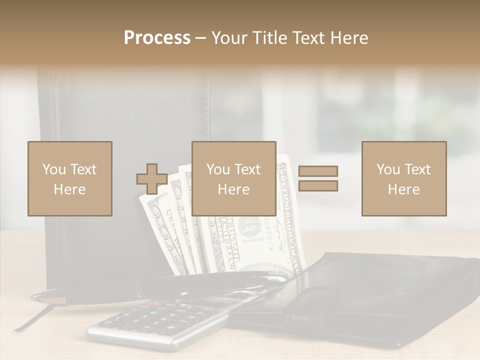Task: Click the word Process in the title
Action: [157, 38]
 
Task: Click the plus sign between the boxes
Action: [152, 179]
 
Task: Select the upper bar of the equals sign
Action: [318, 171]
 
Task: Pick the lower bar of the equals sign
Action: [318, 185]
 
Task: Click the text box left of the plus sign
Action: [69, 178]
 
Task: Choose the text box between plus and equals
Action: [233, 178]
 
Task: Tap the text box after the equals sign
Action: [403, 178]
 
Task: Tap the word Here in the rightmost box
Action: [403, 189]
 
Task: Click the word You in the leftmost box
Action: [54, 169]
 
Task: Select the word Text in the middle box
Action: [247, 169]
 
